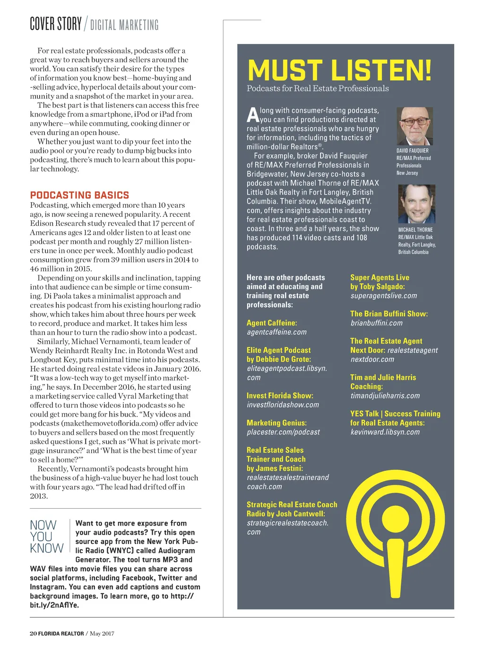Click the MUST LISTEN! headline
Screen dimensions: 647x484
(x=339, y=70)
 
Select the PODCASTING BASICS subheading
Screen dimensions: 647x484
(x=79, y=195)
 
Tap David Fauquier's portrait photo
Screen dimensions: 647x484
(x=415, y=126)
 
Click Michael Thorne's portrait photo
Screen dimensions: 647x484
(x=416, y=204)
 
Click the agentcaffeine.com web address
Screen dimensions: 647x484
(x=277, y=332)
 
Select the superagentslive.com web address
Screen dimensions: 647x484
(x=383, y=296)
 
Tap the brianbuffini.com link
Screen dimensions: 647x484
(x=376, y=323)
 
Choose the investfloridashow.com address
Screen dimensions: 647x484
(x=283, y=405)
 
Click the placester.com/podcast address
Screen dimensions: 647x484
(x=283, y=432)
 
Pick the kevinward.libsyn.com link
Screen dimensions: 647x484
(x=385, y=432)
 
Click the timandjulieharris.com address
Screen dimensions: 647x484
(x=385, y=396)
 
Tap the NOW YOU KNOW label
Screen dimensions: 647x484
(x=46, y=536)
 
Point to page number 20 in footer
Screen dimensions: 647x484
(x=33, y=633)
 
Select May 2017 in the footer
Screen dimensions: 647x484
(x=102, y=633)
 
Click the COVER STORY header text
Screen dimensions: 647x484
(x=56, y=24)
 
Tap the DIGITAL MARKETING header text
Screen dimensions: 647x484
(x=124, y=25)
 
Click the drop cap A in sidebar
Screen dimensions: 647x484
(x=253, y=115)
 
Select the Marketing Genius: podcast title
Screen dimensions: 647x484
(x=277, y=423)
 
